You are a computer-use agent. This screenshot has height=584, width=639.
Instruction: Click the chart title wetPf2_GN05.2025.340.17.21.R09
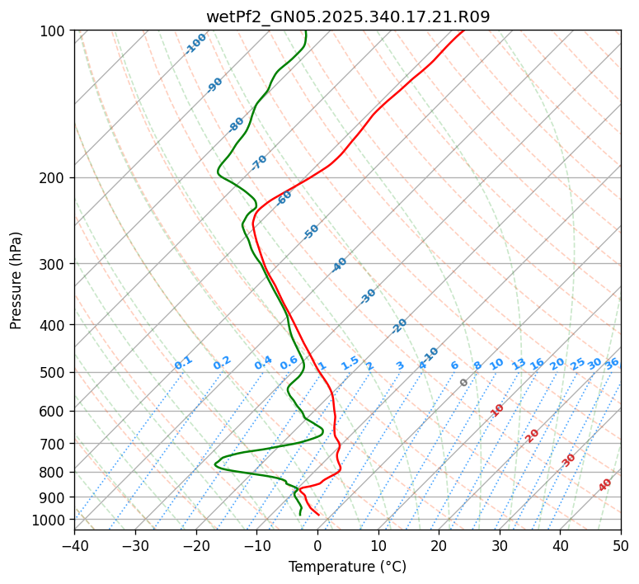pos(347,16)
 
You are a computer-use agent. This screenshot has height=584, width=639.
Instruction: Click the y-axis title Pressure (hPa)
pos(16,280)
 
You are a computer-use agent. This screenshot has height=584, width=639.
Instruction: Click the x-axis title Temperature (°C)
pos(347,568)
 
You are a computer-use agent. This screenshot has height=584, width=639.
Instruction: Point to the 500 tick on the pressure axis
pos(54,373)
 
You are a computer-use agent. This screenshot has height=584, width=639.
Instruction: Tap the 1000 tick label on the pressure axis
pos(51,520)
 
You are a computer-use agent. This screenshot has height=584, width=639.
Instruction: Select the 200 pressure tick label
pos(54,178)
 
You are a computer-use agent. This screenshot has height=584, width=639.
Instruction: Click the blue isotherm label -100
pos(196,44)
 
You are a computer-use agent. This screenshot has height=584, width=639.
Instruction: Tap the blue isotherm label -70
pos(259,162)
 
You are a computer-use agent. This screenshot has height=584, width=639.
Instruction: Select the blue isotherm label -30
pos(368,296)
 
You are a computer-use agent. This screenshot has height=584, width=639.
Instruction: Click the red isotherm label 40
pos(605,485)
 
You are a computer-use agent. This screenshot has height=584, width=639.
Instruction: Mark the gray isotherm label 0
pos(464,383)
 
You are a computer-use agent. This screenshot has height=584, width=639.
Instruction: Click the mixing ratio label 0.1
pos(183,363)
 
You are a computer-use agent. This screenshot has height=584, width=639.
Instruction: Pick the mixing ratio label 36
pos(612,363)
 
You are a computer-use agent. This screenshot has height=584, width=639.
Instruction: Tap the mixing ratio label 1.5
pos(350,363)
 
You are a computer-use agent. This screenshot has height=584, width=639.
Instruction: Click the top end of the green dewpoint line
pos(305,31)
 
